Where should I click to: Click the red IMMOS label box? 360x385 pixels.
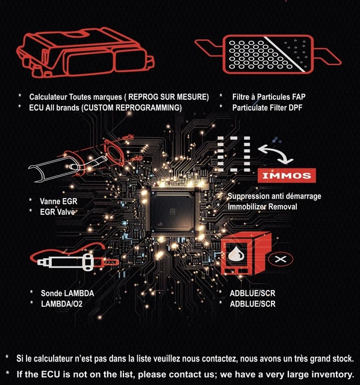click(x=287, y=176)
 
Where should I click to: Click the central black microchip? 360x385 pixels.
click(x=173, y=211)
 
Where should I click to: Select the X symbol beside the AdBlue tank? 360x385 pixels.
click(x=281, y=259)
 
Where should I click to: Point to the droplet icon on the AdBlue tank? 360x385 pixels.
click(x=236, y=254)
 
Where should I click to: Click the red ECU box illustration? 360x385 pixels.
click(x=85, y=52)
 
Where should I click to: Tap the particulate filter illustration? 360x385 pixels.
click(x=268, y=54)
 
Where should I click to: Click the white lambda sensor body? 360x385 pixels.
click(x=66, y=262)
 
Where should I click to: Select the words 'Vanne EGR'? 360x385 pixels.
click(x=58, y=202)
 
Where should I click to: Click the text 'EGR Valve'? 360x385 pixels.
click(x=57, y=212)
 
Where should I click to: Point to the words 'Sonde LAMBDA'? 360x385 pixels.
click(x=67, y=293)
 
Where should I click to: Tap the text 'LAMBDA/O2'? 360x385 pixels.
click(x=61, y=304)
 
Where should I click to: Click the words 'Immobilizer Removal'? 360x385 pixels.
click(x=262, y=207)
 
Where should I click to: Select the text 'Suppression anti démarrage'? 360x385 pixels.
click(x=275, y=196)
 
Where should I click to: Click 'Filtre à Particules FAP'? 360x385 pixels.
click(x=269, y=97)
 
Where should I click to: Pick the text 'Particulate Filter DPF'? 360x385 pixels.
click(x=267, y=108)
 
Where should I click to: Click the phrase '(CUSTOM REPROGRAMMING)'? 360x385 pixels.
click(x=132, y=108)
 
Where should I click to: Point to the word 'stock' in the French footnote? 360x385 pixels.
click(x=343, y=359)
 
